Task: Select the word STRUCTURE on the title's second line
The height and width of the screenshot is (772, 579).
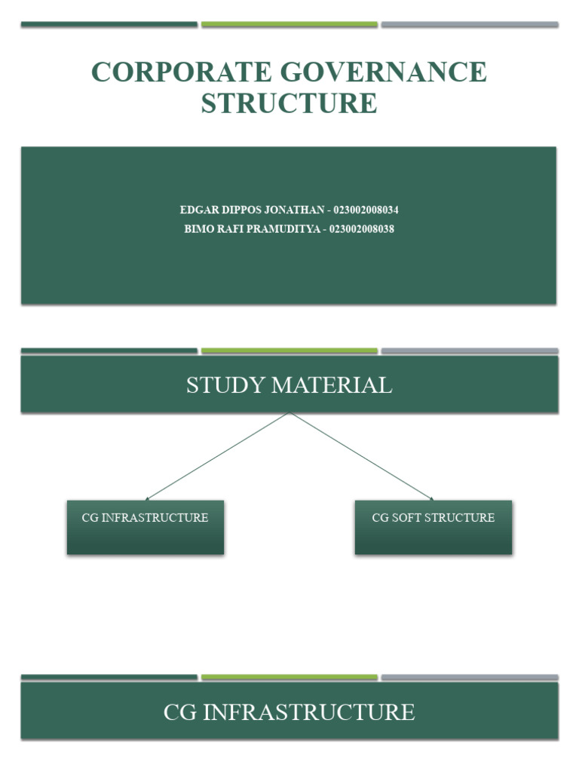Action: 289,103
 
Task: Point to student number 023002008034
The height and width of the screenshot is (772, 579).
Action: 366,210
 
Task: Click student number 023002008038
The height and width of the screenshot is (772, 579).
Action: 362,228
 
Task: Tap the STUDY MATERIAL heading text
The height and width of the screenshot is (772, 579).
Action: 289,385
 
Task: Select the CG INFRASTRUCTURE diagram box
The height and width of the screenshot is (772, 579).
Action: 145,528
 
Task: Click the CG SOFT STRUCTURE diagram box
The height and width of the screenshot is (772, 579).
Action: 433,528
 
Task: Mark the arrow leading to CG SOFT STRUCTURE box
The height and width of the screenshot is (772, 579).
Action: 362,457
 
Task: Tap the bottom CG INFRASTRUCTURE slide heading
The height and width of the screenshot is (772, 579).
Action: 289,712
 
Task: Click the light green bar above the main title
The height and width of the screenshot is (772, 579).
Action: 289,24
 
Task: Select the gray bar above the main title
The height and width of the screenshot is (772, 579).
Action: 470,24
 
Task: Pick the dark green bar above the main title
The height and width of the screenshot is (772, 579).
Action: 109,24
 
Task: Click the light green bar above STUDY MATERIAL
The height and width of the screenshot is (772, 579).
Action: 289,351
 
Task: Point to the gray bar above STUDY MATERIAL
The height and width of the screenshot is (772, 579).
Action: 470,351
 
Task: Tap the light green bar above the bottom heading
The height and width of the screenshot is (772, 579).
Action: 289,677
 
